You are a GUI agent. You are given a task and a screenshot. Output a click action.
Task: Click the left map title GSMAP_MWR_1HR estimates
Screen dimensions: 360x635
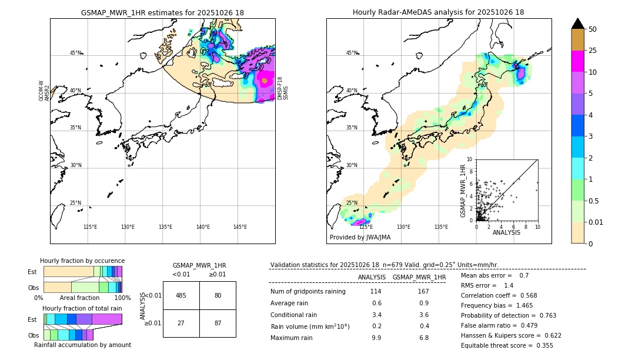(x=162, y=12)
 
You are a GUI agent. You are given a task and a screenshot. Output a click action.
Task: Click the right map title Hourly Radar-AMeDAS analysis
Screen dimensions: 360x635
(x=438, y=12)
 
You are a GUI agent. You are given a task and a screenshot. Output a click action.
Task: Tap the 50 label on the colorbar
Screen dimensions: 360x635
(x=593, y=29)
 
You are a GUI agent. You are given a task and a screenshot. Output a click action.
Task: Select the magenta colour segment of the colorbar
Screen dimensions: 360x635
(x=577, y=61)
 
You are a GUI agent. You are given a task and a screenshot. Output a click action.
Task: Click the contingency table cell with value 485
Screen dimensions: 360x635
(x=181, y=295)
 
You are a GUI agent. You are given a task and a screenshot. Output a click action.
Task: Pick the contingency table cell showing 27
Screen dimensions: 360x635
(x=181, y=323)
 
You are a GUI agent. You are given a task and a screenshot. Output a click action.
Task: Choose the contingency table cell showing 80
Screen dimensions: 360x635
(x=218, y=295)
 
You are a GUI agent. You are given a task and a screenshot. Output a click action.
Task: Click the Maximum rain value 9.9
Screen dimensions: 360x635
(x=376, y=338)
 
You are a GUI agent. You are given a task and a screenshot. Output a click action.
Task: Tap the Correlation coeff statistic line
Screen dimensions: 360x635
(x=499, y=295)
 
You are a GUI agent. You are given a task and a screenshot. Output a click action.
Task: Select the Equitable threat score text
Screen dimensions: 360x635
(x=507, y=345)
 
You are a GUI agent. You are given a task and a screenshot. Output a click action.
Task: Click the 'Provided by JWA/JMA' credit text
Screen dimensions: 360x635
(x=360, y=237)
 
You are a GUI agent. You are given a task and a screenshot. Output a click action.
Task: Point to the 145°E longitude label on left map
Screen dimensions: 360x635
(x=240, y=227)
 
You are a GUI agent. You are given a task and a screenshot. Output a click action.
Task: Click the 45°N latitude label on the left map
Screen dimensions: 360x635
(x=75, y=53)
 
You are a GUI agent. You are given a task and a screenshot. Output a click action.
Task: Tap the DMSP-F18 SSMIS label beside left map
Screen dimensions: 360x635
(x=283, y=88)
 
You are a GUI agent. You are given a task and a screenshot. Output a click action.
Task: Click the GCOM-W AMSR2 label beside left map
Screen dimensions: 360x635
(x=44, y=91)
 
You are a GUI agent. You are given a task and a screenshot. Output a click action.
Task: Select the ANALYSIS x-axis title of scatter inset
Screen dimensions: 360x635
(x=506, y=232)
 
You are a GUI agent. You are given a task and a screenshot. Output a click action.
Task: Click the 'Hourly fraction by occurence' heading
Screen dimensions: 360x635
(x=82, y=261)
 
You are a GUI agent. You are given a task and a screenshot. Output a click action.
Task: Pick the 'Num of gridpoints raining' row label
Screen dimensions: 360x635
(x=308, y=292)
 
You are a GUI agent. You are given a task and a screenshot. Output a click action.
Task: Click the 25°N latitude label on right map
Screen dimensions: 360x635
(x=352, y=203)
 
